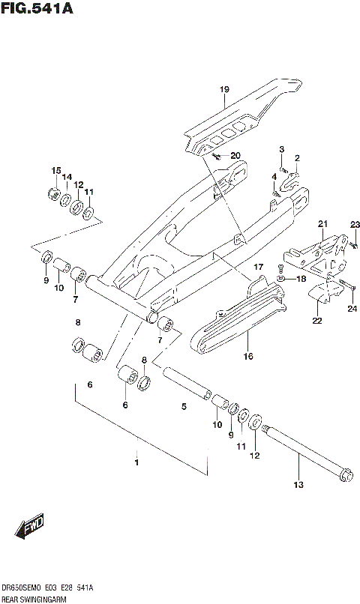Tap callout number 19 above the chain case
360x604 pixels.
coord(223,91)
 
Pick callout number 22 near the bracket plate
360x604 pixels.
coord(317,321)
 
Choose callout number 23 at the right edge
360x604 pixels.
coord(355,224)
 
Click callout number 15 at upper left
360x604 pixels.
coord(55,172)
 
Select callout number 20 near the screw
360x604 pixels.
coord(235,156)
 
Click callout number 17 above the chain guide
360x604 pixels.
coord(258,267)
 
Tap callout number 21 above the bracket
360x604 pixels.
coord(322,224)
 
